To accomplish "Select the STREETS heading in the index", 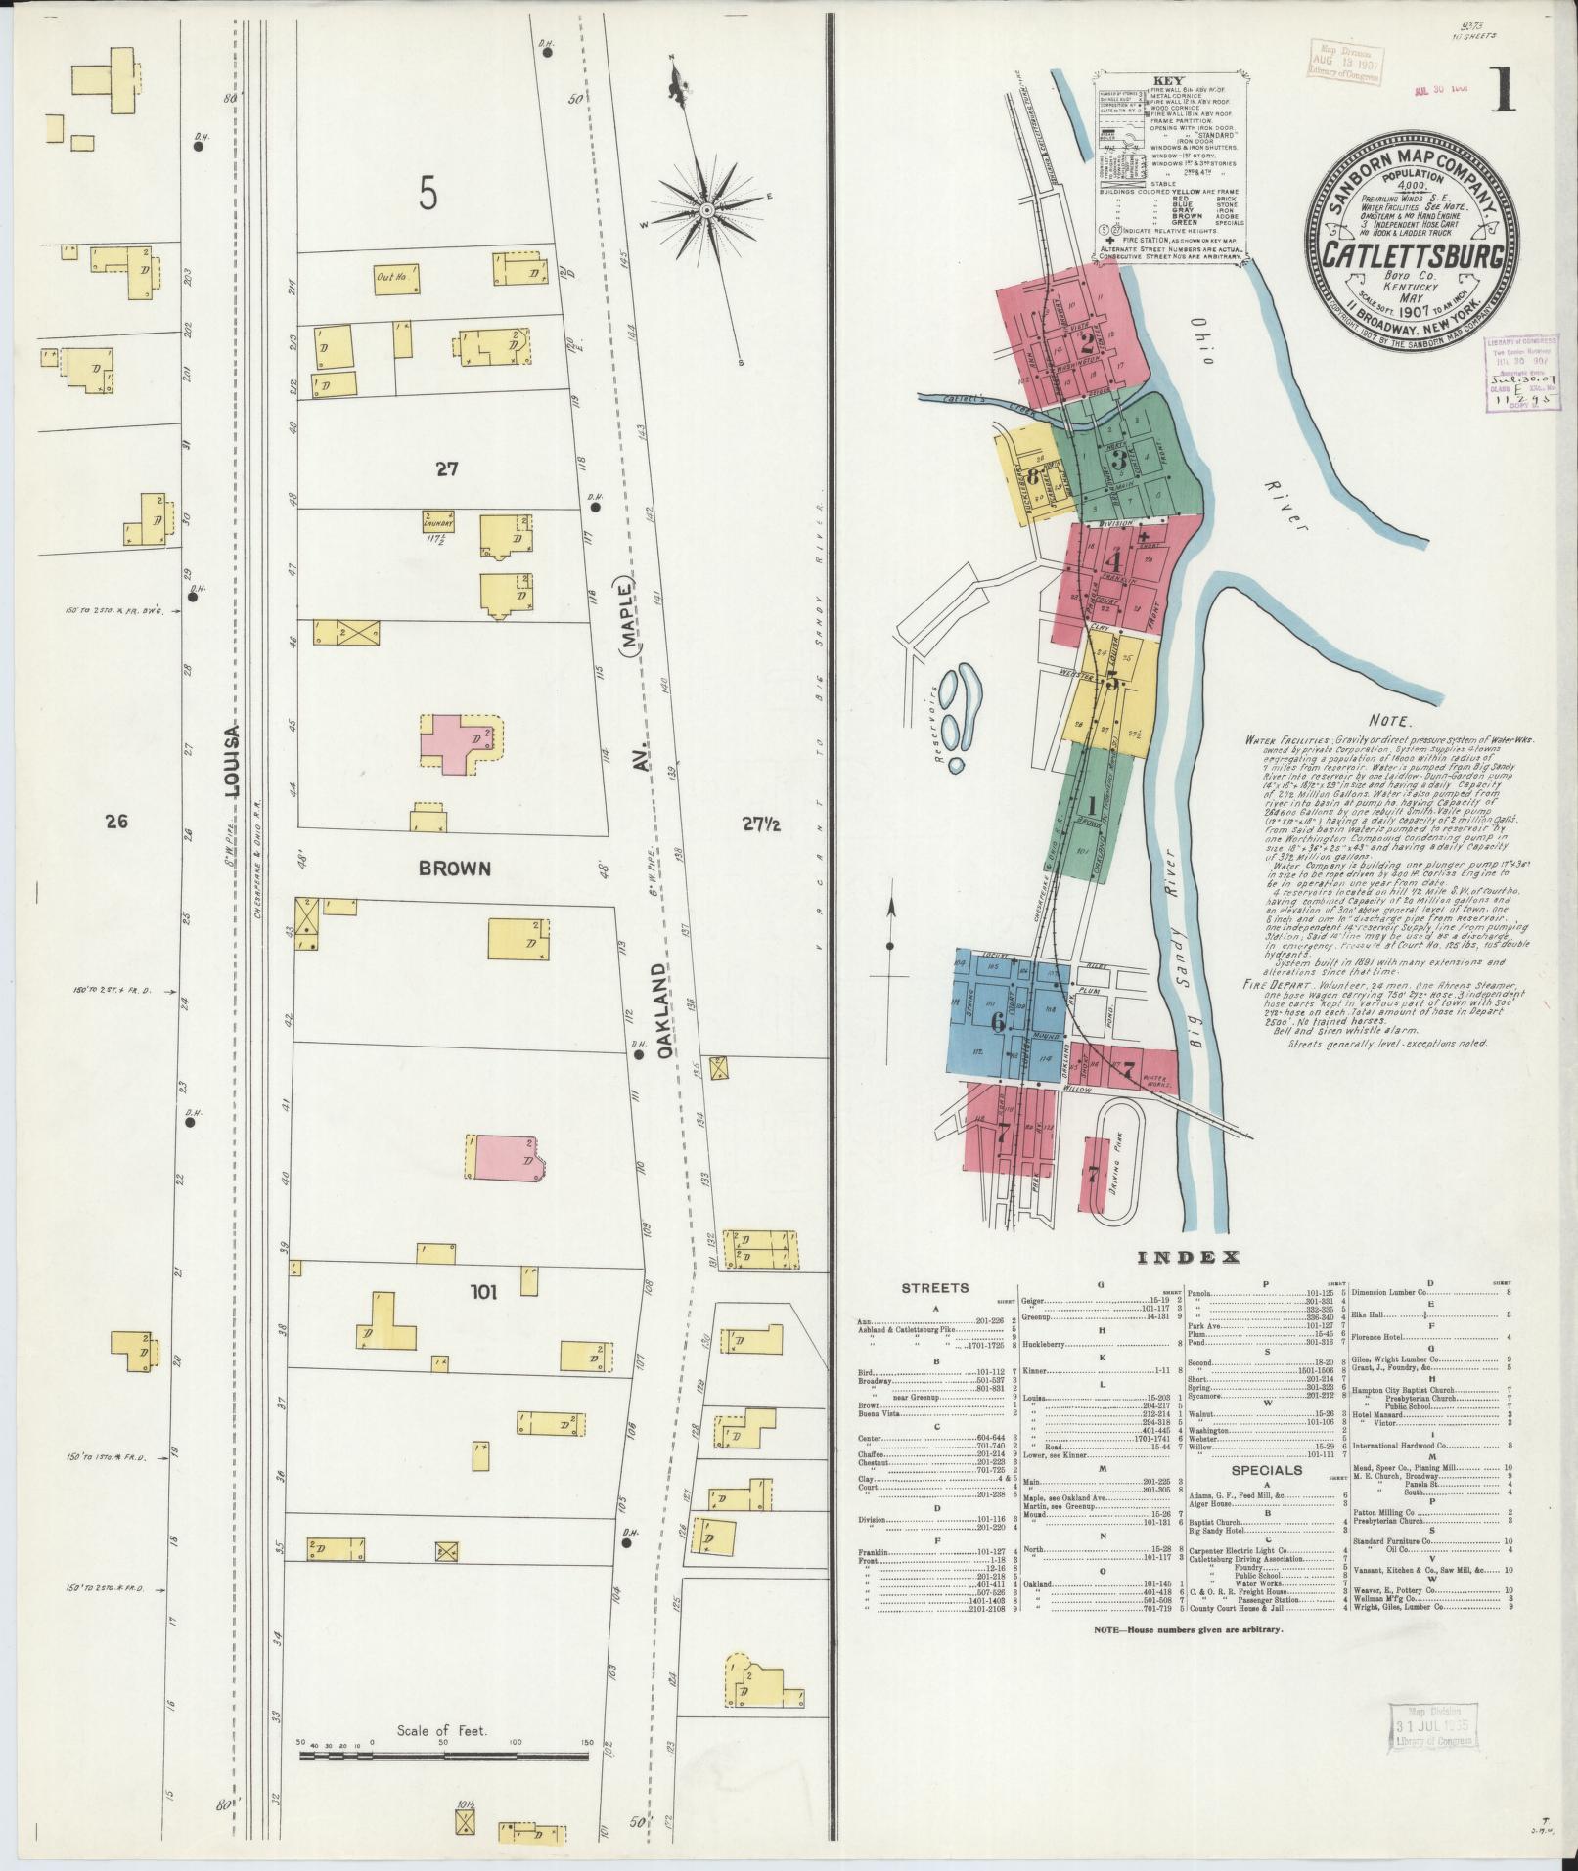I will pyautogui.click(x=934, y=1288).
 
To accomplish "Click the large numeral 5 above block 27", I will pyautogui.click(x=428, y=196).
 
